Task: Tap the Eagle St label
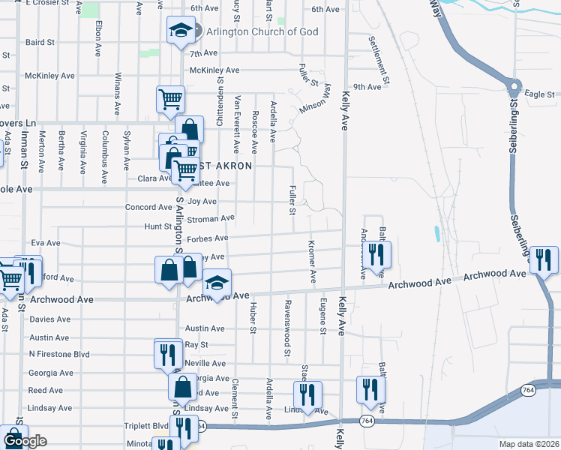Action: point(538,94)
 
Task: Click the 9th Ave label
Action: point(367,87)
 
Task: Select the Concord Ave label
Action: point(148,207)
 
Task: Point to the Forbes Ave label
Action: point(208,238)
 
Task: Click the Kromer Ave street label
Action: point(312,262)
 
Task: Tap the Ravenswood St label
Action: point(287,328)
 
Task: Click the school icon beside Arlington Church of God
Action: point(179,31)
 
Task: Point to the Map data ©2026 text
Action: point(528,444)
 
